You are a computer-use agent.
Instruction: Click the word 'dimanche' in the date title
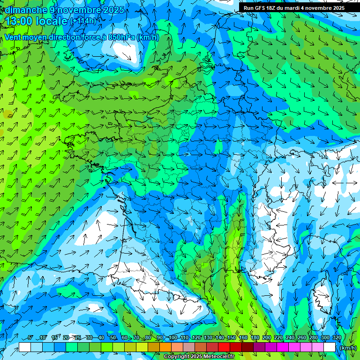click(x=25, y=10)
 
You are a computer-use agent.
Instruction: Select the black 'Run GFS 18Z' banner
click(x=293, y=7)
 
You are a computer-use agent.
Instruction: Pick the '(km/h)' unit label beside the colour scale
click(x=347, y=348)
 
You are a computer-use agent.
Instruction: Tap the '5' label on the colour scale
click(x=30, y=338)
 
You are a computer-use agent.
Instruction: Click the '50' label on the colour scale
click(x=112, y=338)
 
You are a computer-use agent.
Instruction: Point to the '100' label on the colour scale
click(x=172, y=338)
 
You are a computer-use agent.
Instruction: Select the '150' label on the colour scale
click(x=231, y=338)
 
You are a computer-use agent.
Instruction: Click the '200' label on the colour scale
click(x=266, y=338)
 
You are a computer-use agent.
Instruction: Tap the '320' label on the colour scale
click(x=337, y=338)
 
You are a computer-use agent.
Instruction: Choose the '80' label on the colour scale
click(x=148, y=338)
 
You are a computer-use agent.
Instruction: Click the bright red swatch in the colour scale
click(x=224, y=347)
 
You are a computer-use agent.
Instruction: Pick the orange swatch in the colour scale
click(x=165, y=347)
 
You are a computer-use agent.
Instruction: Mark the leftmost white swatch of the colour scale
click(x=25, y=347)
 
